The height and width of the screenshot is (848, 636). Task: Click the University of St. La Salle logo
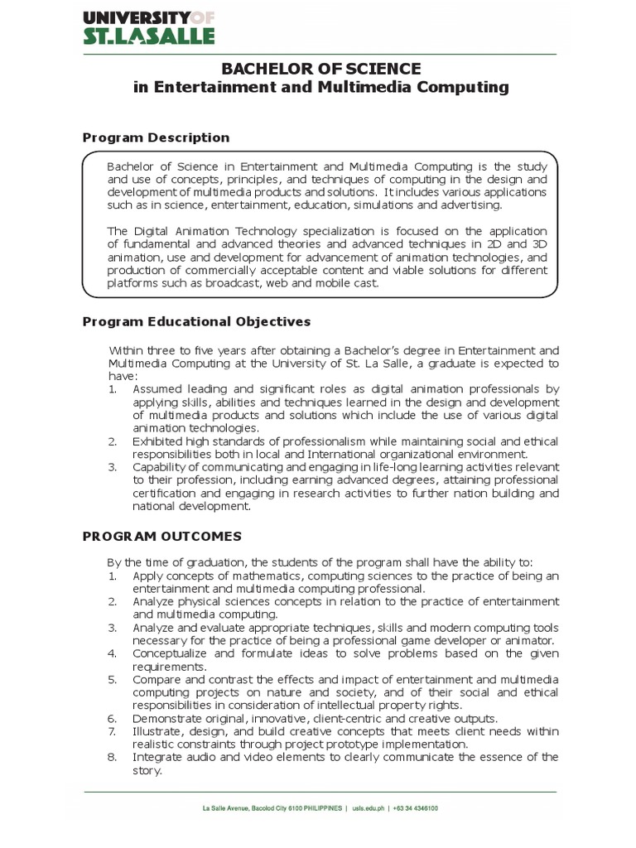pos(148,26)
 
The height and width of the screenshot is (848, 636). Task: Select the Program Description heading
pos(156,137)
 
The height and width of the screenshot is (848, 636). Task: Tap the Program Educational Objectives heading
pos(196,321)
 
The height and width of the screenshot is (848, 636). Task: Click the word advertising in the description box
pos(473,205)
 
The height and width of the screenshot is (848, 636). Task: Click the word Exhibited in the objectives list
pos(158,441)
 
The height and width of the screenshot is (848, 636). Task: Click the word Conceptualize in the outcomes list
pos(173,653)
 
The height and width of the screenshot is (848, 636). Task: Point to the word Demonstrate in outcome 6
pos(168,718)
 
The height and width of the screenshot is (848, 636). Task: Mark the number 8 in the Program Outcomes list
pos(113,757)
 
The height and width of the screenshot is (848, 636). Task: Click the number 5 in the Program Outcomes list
pos(113,679)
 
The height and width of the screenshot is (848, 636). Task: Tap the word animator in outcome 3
pos(530,640)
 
